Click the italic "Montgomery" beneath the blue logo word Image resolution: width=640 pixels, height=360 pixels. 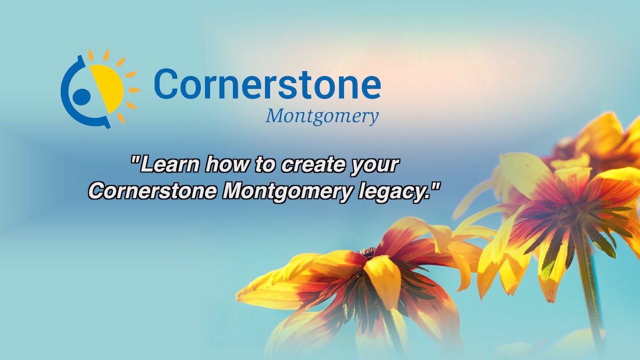click(x=322, y=116)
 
